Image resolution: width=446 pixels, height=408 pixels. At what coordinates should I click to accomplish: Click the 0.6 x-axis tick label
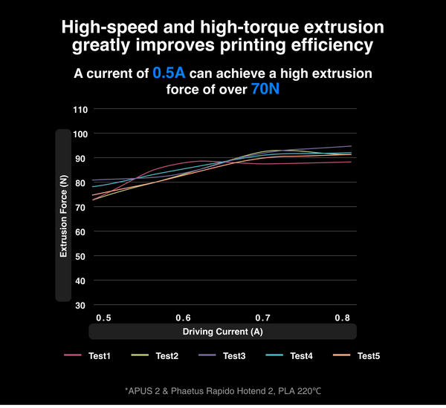click(x=183, y=317)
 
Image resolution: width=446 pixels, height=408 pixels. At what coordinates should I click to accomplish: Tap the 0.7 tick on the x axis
click(x=262, y=317)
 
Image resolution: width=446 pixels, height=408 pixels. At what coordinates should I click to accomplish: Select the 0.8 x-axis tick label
click(x=342, y=317)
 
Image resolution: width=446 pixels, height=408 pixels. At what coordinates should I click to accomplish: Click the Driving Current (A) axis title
click(x=223, y=331)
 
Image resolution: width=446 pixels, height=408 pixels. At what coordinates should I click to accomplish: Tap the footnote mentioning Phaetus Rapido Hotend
click(x=223, y=389)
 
